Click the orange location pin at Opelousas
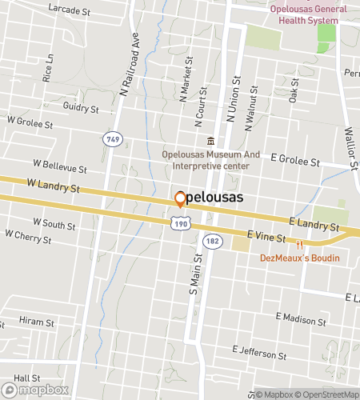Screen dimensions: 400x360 click(180, 198)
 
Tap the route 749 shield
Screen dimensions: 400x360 click(113, 139)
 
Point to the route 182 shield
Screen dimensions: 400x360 click(212, 240)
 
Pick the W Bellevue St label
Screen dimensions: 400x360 click(59, 168)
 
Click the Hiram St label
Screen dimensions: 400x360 click(36, 322)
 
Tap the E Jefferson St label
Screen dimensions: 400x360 click(259, 351)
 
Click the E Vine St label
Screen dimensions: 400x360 click(266, 234)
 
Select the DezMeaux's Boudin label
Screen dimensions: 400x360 click(299, 258)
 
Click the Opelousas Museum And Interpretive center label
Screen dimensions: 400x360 click(210, 160)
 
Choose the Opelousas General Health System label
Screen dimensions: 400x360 click(303, 15)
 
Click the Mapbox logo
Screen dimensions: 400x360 click(34, 391)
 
